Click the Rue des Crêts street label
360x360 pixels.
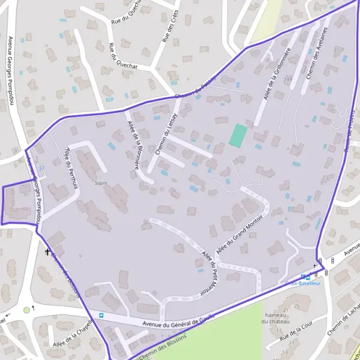[x=171, y=29]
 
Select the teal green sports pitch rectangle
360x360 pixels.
[x=238, y=135]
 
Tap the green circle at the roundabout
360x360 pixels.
[x=26, y=310]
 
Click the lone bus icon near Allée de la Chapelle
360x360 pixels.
[x=101, y=315]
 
